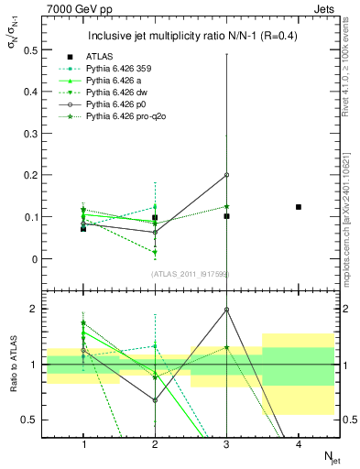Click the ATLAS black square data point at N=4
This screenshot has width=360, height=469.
coord(299,207)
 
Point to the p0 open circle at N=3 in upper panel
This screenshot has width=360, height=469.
coord(227,175)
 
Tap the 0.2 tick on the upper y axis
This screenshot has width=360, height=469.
coord(33,175)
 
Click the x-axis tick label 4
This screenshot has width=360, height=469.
coord(299,443)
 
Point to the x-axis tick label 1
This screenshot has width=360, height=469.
coord(83,443)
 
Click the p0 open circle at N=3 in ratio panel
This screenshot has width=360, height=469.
coord(227,310)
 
